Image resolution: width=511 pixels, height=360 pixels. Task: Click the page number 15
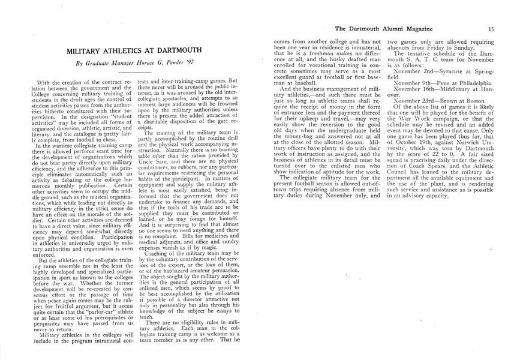tap(491, 28)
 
